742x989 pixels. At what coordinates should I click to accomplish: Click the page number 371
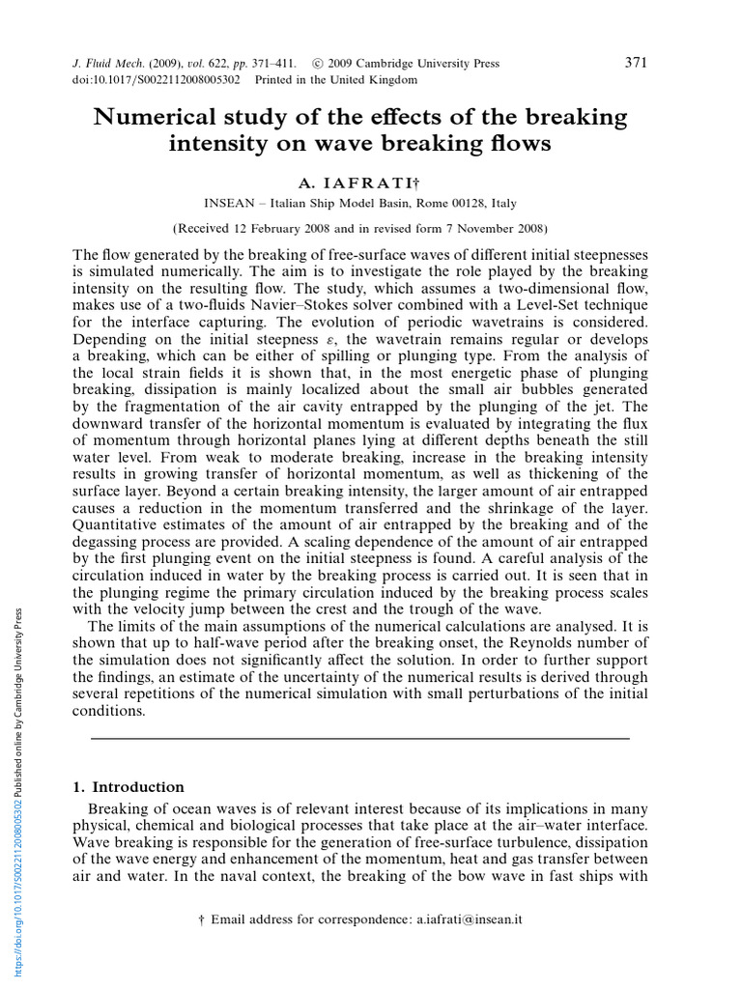point(636,63)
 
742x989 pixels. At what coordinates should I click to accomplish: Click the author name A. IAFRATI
point(357,183)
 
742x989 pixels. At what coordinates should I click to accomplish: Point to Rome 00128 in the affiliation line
point(441,203)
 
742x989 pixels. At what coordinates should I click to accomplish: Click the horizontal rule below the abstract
point(359,738)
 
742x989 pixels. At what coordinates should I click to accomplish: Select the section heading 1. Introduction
point(128,787)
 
